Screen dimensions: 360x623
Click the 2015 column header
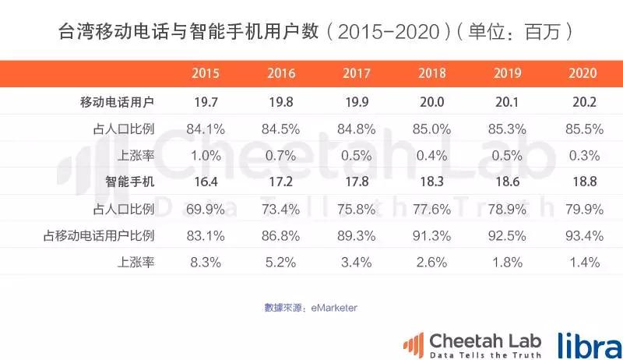206,74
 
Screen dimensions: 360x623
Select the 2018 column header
431,74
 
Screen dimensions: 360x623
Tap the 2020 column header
583,74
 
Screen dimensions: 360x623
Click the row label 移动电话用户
118,101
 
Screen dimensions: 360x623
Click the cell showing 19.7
206,101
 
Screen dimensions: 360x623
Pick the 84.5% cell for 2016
281,129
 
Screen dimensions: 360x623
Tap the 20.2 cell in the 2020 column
583,101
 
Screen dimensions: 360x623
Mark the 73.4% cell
281,209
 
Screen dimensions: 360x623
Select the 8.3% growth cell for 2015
206,263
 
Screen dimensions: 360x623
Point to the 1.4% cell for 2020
583,263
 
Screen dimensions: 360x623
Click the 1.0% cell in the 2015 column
206,155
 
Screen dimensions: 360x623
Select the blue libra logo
588,343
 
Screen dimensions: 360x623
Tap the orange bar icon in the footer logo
413,343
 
